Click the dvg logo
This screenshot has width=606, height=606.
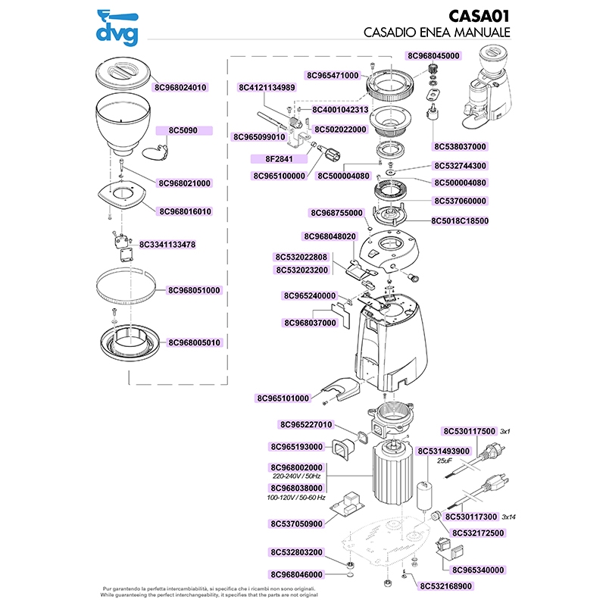point(117,28)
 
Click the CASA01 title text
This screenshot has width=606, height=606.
point(479,16)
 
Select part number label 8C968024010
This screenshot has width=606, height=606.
point(180,87)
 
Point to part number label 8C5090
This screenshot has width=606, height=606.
point(183,130)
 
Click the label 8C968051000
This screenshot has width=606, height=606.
point(194,290)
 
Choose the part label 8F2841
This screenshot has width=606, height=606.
point(279,159)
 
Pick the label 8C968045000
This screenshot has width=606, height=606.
point(433,55)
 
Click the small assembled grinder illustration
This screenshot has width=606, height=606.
point(487,88)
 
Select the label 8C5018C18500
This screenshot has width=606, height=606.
point(460,221)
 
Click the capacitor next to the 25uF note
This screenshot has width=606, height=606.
point(425,496)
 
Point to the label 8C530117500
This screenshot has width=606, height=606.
point(469,431)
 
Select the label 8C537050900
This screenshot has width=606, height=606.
point(296,524)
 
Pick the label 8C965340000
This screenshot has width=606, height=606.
point(478,570)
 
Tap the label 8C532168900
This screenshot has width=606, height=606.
point(446,586)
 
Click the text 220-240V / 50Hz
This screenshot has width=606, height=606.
point(296,476)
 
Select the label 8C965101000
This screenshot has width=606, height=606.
point(283,398)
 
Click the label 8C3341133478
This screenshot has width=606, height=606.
point(167,245)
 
